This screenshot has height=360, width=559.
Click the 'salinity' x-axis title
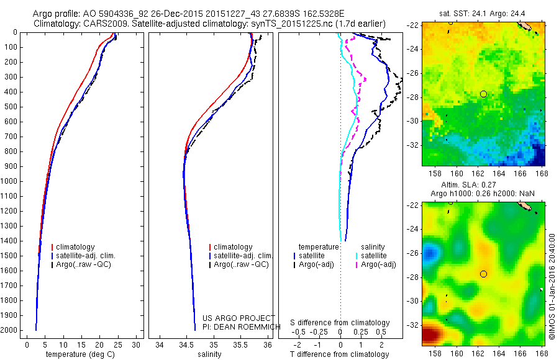coord(209,354)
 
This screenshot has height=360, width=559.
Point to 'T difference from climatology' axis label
coord(340,354)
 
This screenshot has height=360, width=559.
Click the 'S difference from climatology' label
coord(340,323)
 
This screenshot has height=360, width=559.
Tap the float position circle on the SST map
coord(483,94)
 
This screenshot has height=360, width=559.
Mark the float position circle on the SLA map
coord(483,274)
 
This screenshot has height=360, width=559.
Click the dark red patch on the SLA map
coord(431,335)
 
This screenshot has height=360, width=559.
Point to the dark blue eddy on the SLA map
coord(429,253)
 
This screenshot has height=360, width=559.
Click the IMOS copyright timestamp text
coord(552,286)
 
